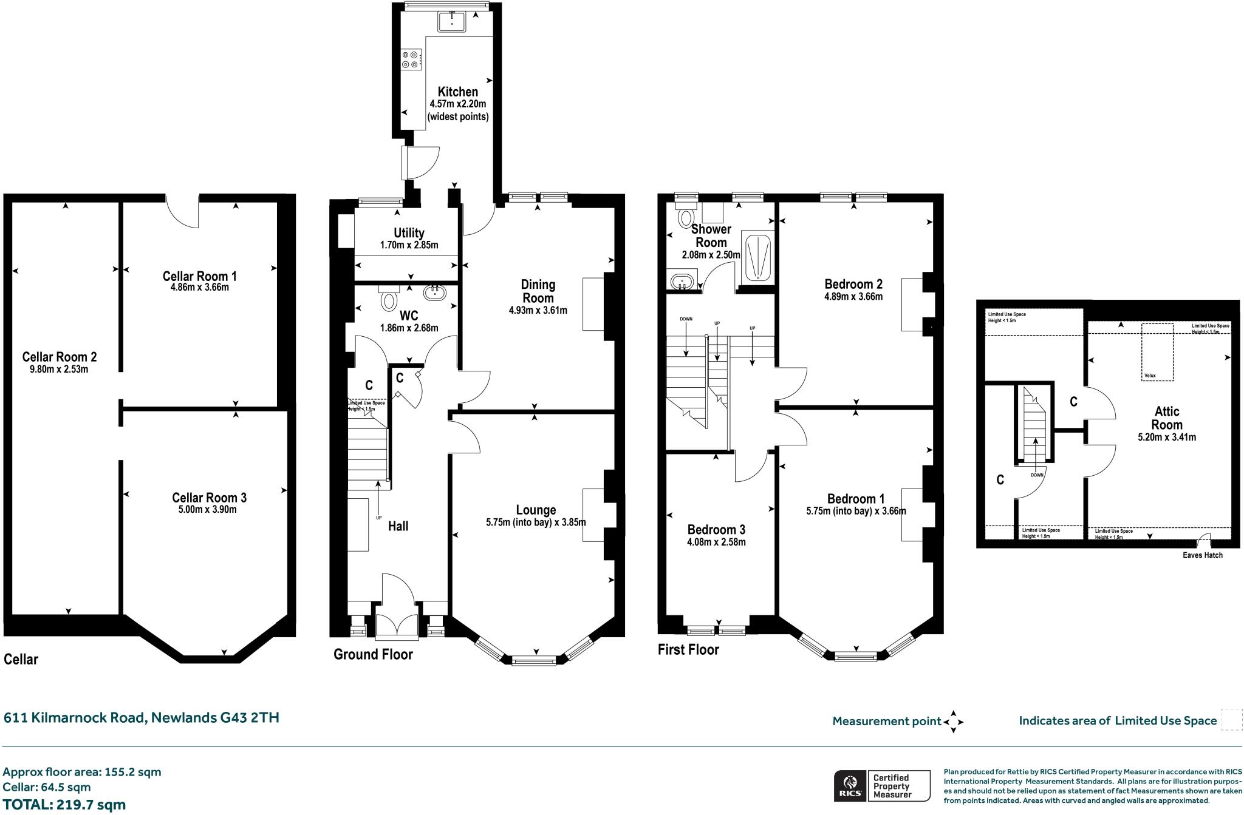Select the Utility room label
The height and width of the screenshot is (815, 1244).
tap(409, 233)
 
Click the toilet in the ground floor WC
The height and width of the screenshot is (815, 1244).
tap(389, 297)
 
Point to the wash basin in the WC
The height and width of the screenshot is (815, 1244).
tap(436, 293)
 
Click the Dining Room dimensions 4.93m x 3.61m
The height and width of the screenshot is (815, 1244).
tap(538, 311)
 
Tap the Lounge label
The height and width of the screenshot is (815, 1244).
tap(536, 510)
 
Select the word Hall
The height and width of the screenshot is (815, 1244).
tap(398, 526)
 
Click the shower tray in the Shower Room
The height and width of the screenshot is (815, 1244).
tap(756, 258)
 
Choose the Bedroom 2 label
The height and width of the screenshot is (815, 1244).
tap(853, 284)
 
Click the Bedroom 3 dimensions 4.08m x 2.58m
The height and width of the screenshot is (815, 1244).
tap(717, 542)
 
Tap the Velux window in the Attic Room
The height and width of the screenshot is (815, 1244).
tap(1157, 352)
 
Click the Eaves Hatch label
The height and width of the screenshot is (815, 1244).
tap(1203, 555)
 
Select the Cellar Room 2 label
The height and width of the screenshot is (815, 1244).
tap(60, 357)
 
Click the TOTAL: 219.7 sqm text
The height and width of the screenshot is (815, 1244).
tap(64, 805)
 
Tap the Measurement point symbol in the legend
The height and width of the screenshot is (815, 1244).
tap(953, 722)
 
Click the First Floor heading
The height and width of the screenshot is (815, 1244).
tap(688, 649)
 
